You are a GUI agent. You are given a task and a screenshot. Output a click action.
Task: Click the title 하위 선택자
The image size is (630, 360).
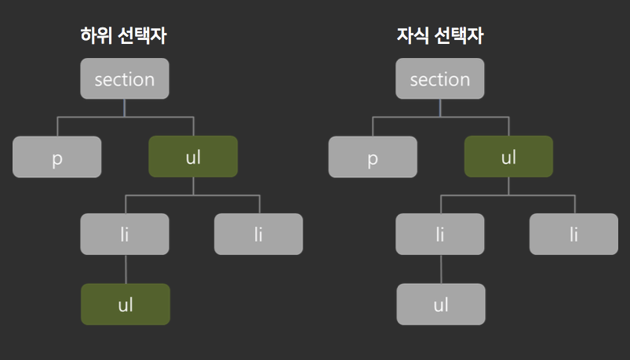point(123,35)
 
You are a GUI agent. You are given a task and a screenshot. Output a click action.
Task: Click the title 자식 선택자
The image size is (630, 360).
point(440,35)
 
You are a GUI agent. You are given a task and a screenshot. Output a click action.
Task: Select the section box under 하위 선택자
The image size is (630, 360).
point(125,78)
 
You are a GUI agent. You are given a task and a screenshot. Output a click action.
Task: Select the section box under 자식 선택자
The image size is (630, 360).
point(440,78)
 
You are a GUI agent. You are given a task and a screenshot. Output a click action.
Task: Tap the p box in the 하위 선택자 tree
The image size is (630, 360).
point(57,157)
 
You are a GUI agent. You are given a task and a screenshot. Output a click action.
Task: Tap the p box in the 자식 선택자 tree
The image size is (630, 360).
point(373,157)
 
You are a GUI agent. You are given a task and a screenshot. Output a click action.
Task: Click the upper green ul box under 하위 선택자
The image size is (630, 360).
point(193,156)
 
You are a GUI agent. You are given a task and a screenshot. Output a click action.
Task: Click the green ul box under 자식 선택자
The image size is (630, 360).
point(508,156)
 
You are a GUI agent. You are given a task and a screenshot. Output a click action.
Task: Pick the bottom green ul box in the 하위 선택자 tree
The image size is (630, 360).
point(126,304)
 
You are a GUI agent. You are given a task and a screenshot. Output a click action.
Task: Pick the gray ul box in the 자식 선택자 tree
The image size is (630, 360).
point(441,304)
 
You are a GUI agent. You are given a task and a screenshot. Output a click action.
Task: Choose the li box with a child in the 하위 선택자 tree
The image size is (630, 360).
point(125,234)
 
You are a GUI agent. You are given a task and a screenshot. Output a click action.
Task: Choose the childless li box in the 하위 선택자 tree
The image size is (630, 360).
point(258,234)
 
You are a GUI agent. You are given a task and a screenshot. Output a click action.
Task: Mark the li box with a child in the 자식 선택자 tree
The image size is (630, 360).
point(440,234)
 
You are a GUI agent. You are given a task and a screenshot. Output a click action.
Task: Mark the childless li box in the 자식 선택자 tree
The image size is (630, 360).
point(574,234)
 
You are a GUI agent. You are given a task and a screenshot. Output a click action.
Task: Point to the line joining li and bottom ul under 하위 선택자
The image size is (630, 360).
point(126,269)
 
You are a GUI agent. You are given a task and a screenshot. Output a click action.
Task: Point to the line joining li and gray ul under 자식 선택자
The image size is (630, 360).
point(441,269)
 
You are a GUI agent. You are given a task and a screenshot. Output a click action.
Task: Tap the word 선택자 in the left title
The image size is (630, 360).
point(142,35)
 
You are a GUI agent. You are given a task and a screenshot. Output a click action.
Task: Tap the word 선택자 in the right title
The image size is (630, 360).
point(459,35)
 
